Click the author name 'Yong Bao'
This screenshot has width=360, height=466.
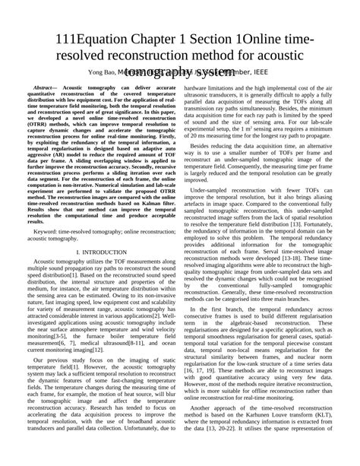(104, 71)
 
